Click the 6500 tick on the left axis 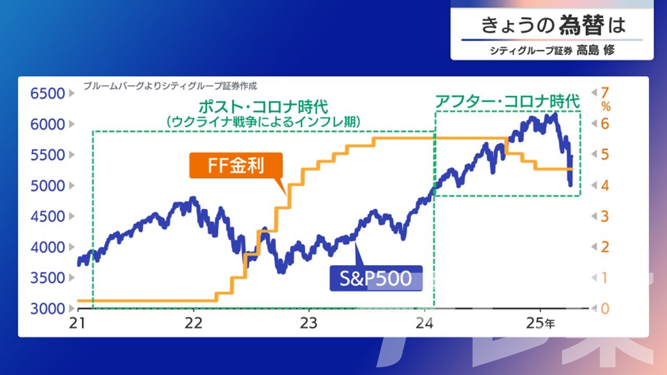(x=47, y=93)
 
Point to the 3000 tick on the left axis (x=47, y=309)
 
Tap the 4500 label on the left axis (x=47, y=216)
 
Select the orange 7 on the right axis (x=605, y=93)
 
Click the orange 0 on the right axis (x=605, y=309)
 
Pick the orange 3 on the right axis (x=605, y=216)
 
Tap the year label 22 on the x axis (x=193, y=323)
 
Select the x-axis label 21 (x=78, y=323)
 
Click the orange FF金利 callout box (x=236, y=166)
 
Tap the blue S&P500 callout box (x=376, y=278)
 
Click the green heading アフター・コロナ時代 (x=508, y=102)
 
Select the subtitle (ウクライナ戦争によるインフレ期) (x=263, y=122)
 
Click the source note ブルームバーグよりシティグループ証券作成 (x=170, y=86)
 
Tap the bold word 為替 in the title (x=582, y=25)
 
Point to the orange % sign (x=606, y=107)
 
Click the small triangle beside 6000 (x=71, y=124)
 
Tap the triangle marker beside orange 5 (x=594, y=155)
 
